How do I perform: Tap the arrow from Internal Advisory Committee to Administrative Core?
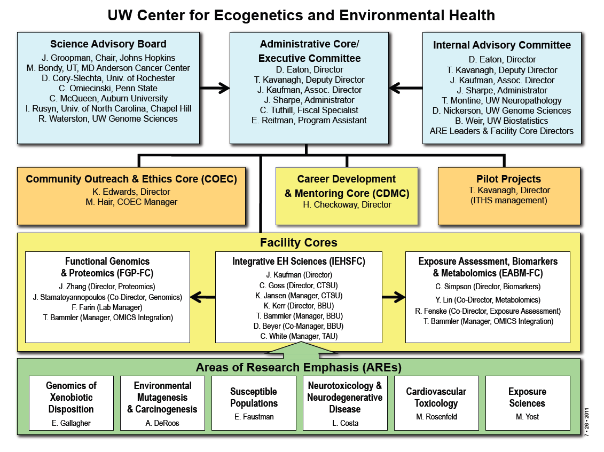click(x=405, y=86)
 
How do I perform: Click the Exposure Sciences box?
click(x=527, y=403)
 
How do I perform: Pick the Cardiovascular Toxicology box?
click(x=436, y=403)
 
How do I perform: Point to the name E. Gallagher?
click(x=71, y=423)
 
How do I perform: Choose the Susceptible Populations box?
click(x=254, y=403)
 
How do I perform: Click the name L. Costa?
click(x=344, y=423)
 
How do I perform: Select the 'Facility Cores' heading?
click(x=299, y=243)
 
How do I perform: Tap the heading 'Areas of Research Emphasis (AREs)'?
click(x=299, y=367)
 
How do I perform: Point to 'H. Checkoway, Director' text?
click(x=347, y=205)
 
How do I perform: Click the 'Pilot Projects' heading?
click(x=508, y=179)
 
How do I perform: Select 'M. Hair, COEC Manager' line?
click(x=132, y=202)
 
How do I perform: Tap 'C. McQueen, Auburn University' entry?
click(x=108, y=98)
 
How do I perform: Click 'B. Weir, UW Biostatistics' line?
click(x=501, y=121)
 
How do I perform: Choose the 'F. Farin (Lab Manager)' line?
click(x=107, y=307)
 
